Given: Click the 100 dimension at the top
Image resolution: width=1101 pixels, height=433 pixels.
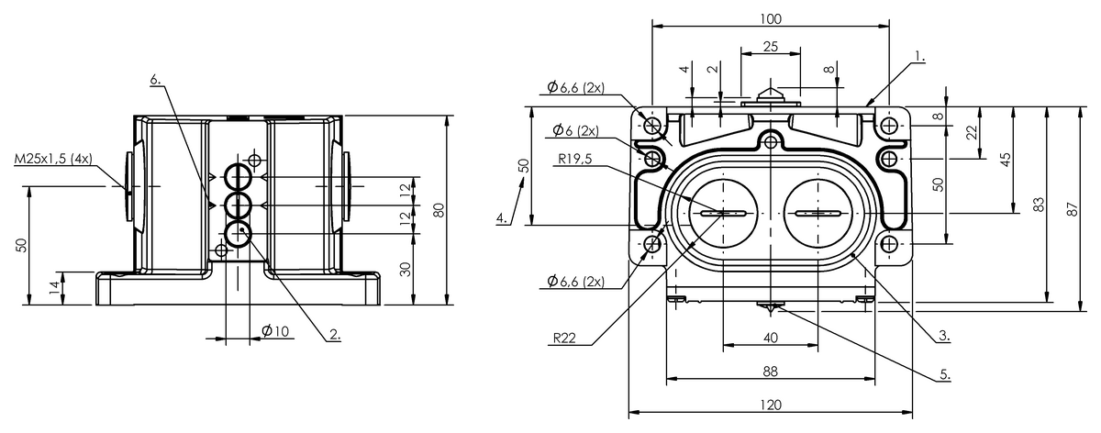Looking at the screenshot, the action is (x=770, y=18).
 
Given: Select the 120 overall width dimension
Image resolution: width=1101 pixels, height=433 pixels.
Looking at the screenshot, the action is (x=770, y=405).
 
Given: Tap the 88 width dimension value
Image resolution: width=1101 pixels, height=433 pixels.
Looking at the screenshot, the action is (x=770, y=372).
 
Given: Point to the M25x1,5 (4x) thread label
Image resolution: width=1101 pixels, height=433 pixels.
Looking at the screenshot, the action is (x=53, y=159).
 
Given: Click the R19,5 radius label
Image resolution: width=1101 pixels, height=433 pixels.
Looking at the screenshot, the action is (x=575, y=159).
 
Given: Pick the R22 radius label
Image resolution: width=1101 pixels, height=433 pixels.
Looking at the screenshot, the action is (x=564, y=339).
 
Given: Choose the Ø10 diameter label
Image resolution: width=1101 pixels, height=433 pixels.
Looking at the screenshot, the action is (x=275, y=331).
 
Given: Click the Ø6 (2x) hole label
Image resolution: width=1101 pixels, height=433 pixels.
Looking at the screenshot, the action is (x=575, y=131).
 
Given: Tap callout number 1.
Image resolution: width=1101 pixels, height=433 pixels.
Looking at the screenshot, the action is (x=919, y=57).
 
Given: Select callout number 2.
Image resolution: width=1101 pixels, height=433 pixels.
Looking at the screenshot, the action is (x=335, y=334).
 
